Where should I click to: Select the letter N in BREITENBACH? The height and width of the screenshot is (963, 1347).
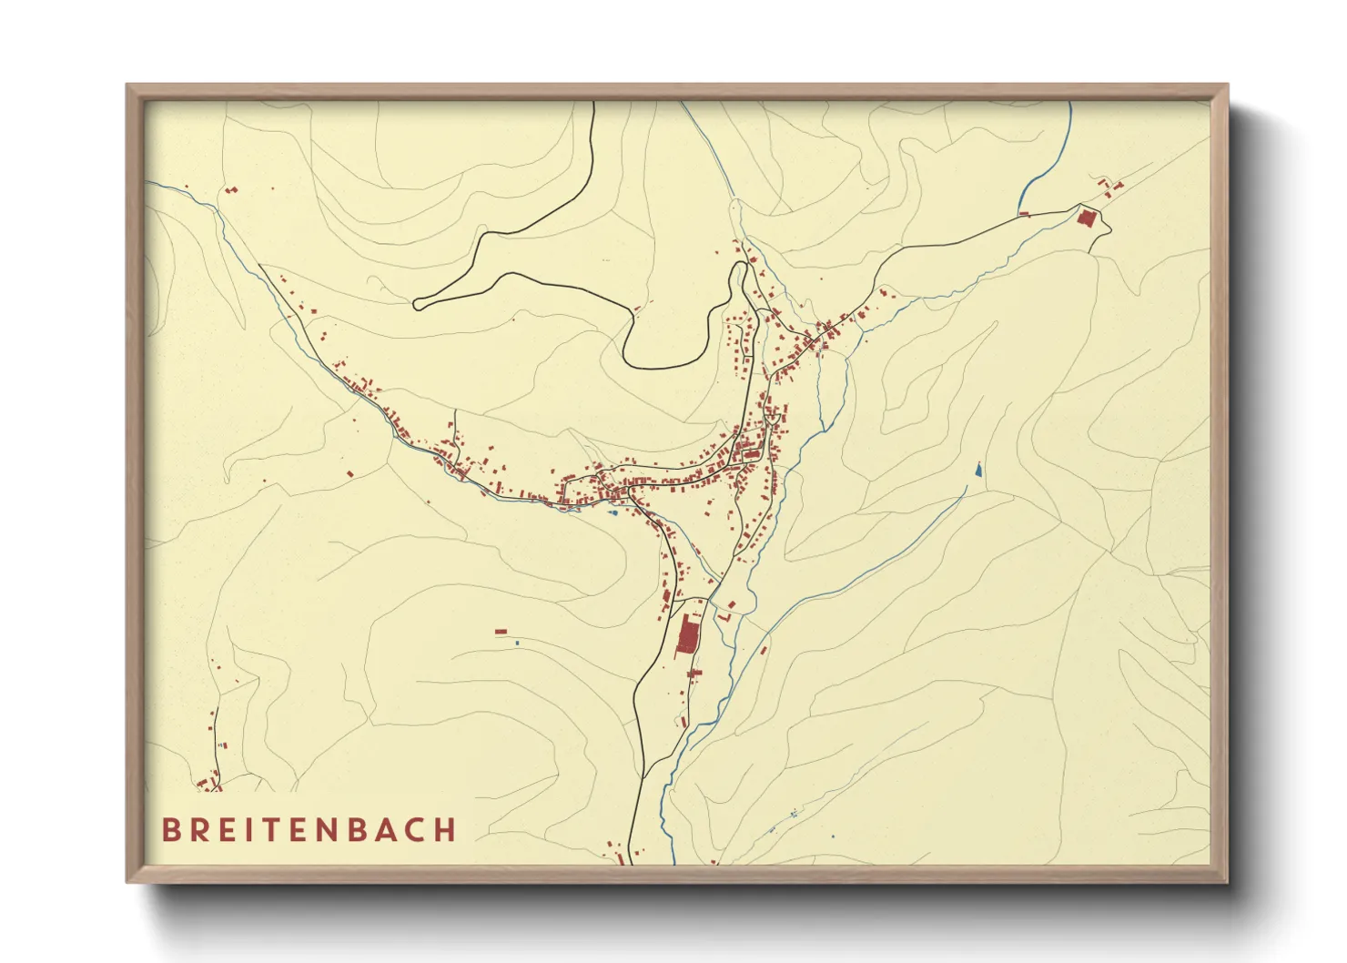pyautogui.click(x=344, y=830)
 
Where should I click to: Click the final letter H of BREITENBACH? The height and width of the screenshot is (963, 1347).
pyautogui.click(x=445, y=830)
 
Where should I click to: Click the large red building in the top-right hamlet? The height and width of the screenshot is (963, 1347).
pyautogui.click(x=1086, y=218)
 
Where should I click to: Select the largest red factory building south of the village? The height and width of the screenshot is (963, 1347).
pyautogui.click(x=687, y=634)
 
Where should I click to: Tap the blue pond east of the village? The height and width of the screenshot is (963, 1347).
pyautogui.click(x=978, y=471)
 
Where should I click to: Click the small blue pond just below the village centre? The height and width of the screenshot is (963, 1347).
pyautogui.click(x=613, y=512)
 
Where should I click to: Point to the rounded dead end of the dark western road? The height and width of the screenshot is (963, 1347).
pyautogui.click(x=418, y=305)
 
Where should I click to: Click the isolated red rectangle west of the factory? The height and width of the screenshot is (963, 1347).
pyautogui.click(x=501, y=631)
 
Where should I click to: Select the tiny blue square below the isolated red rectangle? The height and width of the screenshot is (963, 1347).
pyautogui.click(x=518, y=643)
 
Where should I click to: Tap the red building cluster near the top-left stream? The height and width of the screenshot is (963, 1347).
pyautogui.click(x=229, y=190)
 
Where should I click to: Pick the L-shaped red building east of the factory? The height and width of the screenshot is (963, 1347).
pyautogui.click(x=724, y=617)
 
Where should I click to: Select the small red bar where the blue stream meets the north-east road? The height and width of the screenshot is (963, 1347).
pyautogui.click(x=1023, y=214)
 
